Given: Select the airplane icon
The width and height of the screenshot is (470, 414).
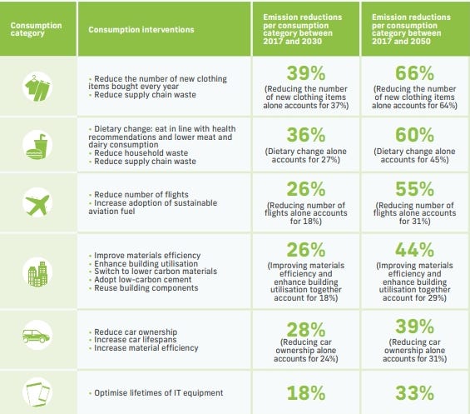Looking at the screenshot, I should [38, 202].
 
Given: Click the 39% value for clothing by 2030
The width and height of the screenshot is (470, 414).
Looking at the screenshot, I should [305, 72].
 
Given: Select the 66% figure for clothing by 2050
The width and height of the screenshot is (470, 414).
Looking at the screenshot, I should [414, 72].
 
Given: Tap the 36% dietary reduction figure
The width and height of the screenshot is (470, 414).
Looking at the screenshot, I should [305, 134].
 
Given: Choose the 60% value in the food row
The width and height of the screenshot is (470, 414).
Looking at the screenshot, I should [414, 134].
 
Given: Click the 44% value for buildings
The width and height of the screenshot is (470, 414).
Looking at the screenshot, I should [414, 249].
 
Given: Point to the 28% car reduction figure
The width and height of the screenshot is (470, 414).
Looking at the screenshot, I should [305, 321].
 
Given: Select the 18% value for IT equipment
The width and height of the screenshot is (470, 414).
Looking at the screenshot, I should [305, 391].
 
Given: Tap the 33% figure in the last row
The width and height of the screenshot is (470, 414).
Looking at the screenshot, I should [414, 391].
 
